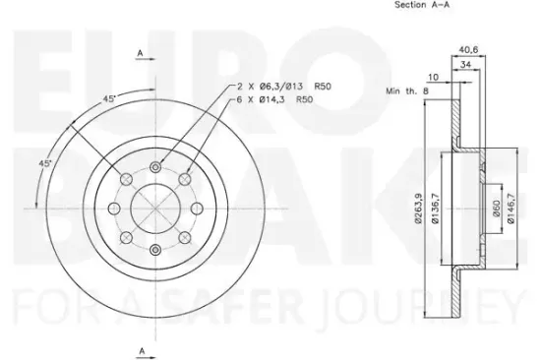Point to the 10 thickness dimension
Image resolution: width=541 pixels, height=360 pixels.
432,77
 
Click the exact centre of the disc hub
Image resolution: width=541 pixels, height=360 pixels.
156,209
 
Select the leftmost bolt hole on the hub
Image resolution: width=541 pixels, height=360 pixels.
116,209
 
